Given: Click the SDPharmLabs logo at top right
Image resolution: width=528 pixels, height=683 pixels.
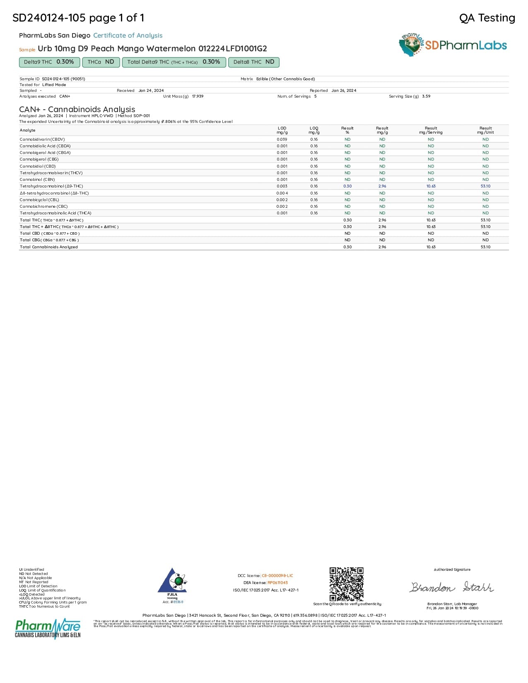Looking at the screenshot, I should coord(453,45).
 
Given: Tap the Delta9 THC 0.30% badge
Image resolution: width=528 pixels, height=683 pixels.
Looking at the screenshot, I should coord(49,62).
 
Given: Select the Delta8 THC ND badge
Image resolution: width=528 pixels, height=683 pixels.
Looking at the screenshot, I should coord(254,62).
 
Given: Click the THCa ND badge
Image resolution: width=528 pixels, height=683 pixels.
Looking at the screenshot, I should coord(101,62).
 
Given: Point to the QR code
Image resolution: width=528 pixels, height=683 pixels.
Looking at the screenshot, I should coord(346,584).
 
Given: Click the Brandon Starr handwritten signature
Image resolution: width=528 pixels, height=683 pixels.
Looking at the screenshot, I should coord(451,587).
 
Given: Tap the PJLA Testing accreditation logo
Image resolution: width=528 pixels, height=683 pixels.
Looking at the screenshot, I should coord(172,584).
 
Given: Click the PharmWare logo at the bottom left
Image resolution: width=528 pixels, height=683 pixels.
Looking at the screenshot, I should coord(48,628).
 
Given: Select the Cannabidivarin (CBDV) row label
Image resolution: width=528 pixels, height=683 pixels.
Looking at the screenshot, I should coord(42,139).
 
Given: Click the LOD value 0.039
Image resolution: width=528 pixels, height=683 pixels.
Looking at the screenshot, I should coord(282,139).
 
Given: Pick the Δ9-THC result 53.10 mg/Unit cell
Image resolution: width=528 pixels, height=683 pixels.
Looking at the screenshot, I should coord(485,186).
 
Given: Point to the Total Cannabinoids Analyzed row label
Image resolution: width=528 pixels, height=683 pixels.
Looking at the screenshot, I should coord(49,247).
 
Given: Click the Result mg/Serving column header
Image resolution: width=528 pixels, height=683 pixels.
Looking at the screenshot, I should coord(431,130).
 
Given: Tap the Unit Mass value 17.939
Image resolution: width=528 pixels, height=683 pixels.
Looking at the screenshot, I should coord(198,96).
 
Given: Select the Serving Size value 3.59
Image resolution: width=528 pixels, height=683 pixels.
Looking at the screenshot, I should coord(426,96).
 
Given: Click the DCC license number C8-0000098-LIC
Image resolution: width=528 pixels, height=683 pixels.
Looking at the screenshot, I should coord(277,576).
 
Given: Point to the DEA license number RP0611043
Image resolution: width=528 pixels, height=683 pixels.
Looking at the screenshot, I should coord(277,583).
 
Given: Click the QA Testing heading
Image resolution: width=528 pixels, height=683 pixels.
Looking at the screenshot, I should coord(487,18).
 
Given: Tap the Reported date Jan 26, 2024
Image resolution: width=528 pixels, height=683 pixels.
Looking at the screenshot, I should coord(344,91).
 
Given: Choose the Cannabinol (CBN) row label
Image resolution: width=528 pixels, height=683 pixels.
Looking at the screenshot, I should coord(37,180).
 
